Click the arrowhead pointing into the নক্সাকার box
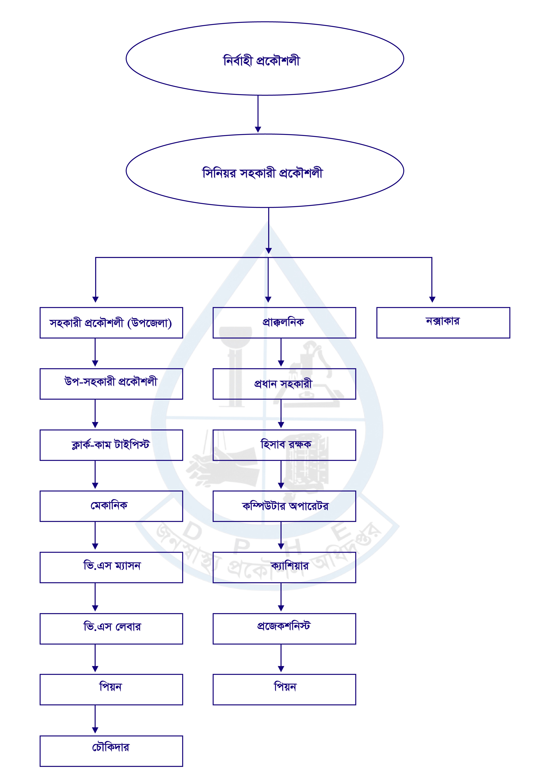(432, 299)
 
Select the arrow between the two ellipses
(258, 114)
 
